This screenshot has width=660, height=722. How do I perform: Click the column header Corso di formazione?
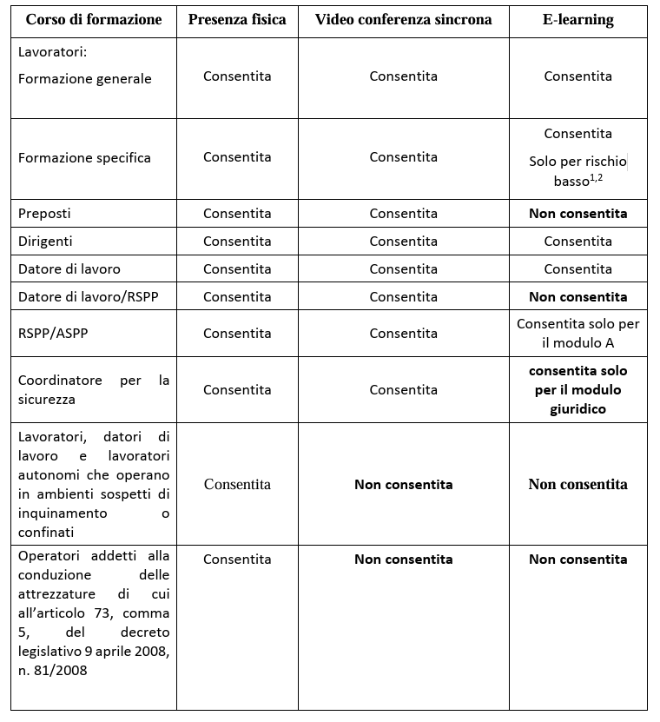coord(93,20)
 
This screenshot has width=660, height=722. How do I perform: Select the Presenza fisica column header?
coord(237,20)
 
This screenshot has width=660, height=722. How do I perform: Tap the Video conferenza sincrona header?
coord(403,20)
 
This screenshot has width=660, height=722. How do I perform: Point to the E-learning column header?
coord(577,20)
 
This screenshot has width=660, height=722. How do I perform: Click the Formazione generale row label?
coord(85,79)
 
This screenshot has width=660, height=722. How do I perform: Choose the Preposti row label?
coord(45,214)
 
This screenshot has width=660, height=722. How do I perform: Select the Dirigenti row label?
coord(46,242)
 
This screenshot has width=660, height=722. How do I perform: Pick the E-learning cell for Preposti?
coord(577,214)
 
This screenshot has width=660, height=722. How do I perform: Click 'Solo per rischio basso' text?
coord(577,171)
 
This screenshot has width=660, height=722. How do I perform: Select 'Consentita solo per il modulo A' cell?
coord(577,334)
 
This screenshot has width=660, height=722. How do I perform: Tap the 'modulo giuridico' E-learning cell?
coord(577,389)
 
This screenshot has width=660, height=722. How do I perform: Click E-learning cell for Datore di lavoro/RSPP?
coord(577,297)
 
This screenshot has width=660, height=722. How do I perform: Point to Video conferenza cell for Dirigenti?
coord(403,242)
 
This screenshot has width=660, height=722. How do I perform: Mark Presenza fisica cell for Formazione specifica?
coord(237,157)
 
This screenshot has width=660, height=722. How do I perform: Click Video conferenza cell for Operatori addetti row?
coord(403,560)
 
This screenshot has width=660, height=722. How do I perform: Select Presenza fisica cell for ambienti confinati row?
coord(237,485)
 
